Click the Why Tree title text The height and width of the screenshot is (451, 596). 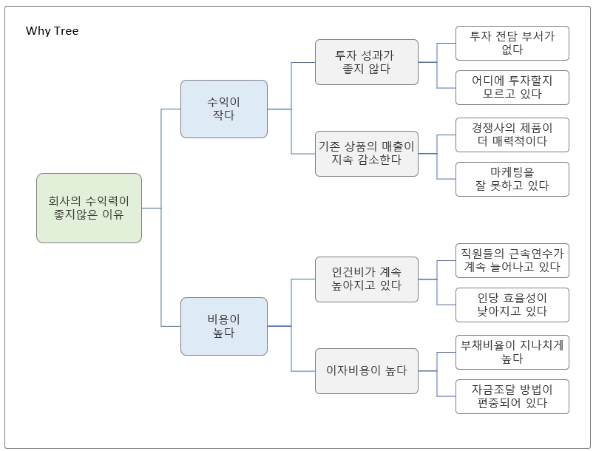click(52, 30)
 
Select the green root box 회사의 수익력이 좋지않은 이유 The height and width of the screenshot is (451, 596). click(89, 208)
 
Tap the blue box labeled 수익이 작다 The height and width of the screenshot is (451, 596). click(223, 109)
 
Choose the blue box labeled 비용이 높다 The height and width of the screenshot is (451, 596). click(223, 326)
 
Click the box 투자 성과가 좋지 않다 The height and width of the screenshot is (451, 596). click(366, 62)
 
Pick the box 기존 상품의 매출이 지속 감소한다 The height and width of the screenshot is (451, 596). click(366, 153)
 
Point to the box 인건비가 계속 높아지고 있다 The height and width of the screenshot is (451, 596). click(366, 279)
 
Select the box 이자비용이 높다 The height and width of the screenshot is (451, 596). click(366, 370)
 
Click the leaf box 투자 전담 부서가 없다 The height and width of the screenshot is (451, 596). click(512, 43)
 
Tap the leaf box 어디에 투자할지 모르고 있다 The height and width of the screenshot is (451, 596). click(512, 87)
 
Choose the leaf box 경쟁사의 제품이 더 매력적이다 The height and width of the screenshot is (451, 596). click(512, 134)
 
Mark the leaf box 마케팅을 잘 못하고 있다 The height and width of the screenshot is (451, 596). click(512, 179)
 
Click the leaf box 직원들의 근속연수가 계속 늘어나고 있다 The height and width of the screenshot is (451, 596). click(512, 260)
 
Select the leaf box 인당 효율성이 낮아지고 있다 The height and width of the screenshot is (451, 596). click(512, 305)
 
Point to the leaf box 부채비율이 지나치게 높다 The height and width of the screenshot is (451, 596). click(512, 351)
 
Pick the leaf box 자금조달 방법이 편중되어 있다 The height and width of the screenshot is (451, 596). click(512, 396)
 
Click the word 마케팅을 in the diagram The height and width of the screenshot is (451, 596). click(512, 172)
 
